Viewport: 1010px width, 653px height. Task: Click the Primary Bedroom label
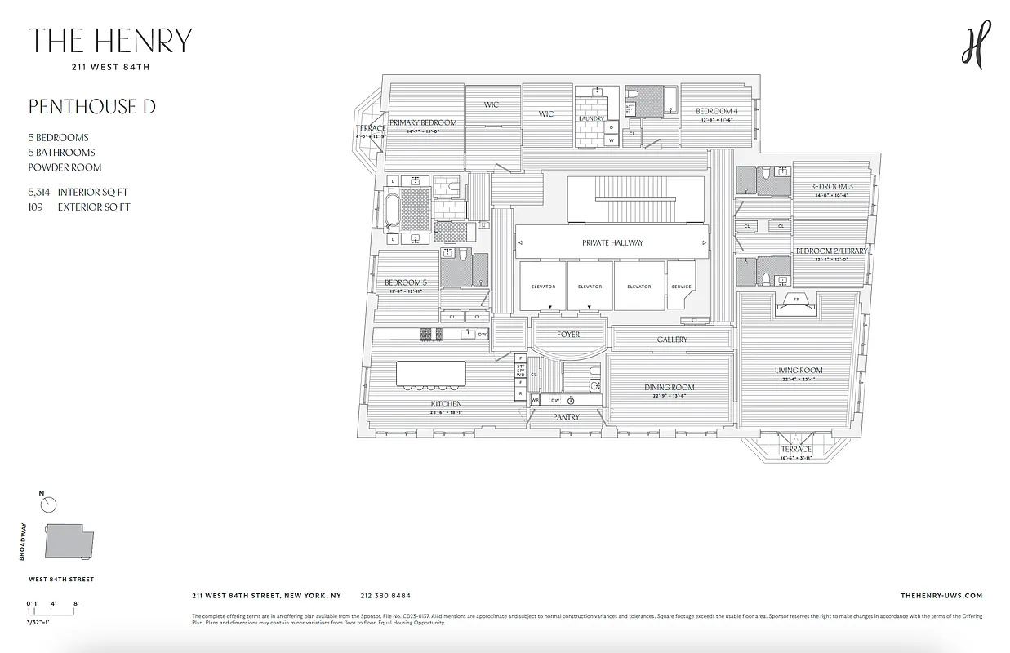[422, 122]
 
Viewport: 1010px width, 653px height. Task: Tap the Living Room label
[798, 371]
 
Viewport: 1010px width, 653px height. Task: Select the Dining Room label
[669, 388]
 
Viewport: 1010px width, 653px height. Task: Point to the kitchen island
[430, 374]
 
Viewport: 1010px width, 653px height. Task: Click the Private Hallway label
[612, 242]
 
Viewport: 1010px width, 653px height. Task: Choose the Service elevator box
[681, 286]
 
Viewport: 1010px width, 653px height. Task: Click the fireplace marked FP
[796, 300]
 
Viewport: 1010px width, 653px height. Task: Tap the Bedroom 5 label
[405, 282]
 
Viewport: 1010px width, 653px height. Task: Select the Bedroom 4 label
[716, 111]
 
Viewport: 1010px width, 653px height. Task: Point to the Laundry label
[590, 118]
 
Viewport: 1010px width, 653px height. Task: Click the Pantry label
[566, 417]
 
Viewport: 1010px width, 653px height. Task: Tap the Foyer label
[568, 335]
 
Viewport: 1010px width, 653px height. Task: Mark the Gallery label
[672, 340]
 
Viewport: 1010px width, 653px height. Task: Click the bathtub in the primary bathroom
[393, 210]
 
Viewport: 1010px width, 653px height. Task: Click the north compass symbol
[48, 504]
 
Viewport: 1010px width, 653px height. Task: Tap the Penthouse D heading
[91, 107]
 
